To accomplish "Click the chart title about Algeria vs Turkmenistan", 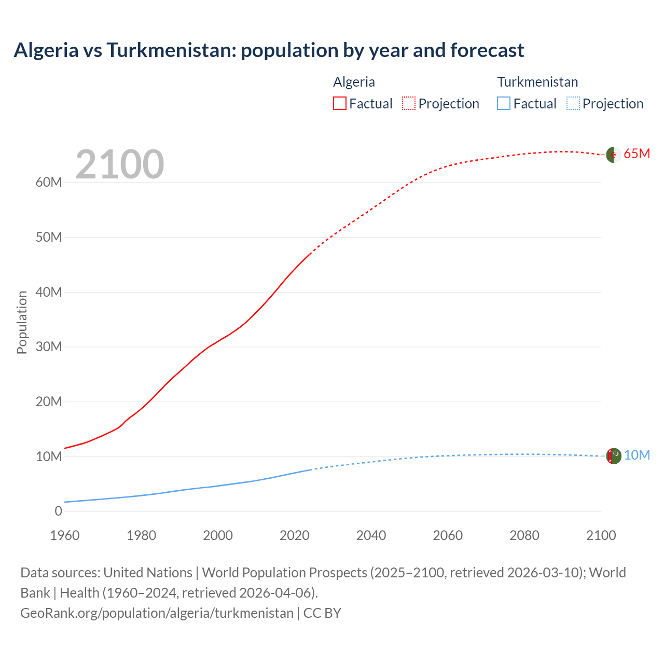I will [269, 50].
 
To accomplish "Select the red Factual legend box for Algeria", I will [339, 103].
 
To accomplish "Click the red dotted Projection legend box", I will [409, 103].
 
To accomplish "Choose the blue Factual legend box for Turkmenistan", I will [504, 103].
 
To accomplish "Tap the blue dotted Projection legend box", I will [573, 103].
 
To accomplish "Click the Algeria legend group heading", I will [354, 82].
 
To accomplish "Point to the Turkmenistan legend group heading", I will [537, 82].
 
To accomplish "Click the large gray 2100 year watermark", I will [120, 164].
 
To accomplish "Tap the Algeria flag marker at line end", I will [614, 155].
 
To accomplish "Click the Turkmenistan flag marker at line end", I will [614, 455].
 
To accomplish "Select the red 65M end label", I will [637, 154].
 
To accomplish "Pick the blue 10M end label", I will [637, 455].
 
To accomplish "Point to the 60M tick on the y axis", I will [49, 182].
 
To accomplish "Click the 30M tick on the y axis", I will [49, 347].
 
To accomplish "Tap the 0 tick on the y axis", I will [58, 511].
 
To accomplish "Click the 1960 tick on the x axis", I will [65, 535].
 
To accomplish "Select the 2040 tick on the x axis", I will [371, 535].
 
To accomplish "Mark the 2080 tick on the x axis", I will [524, 535].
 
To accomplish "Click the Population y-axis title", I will [22, 322].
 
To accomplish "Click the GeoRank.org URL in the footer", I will [157, 613].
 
